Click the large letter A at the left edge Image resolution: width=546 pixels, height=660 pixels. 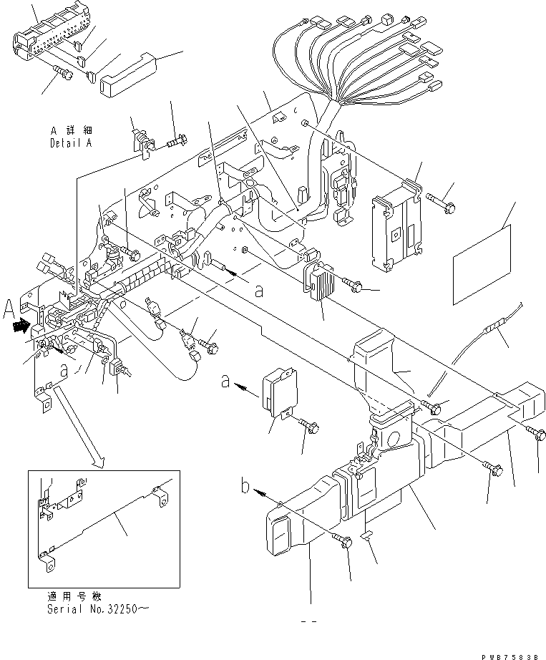(x=9, y=310)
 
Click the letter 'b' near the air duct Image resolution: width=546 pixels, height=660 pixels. (x=245, y=490)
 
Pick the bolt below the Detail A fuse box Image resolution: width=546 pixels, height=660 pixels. (x=62, y=72)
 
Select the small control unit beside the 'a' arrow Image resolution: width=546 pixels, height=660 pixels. (x=277, y=390)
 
